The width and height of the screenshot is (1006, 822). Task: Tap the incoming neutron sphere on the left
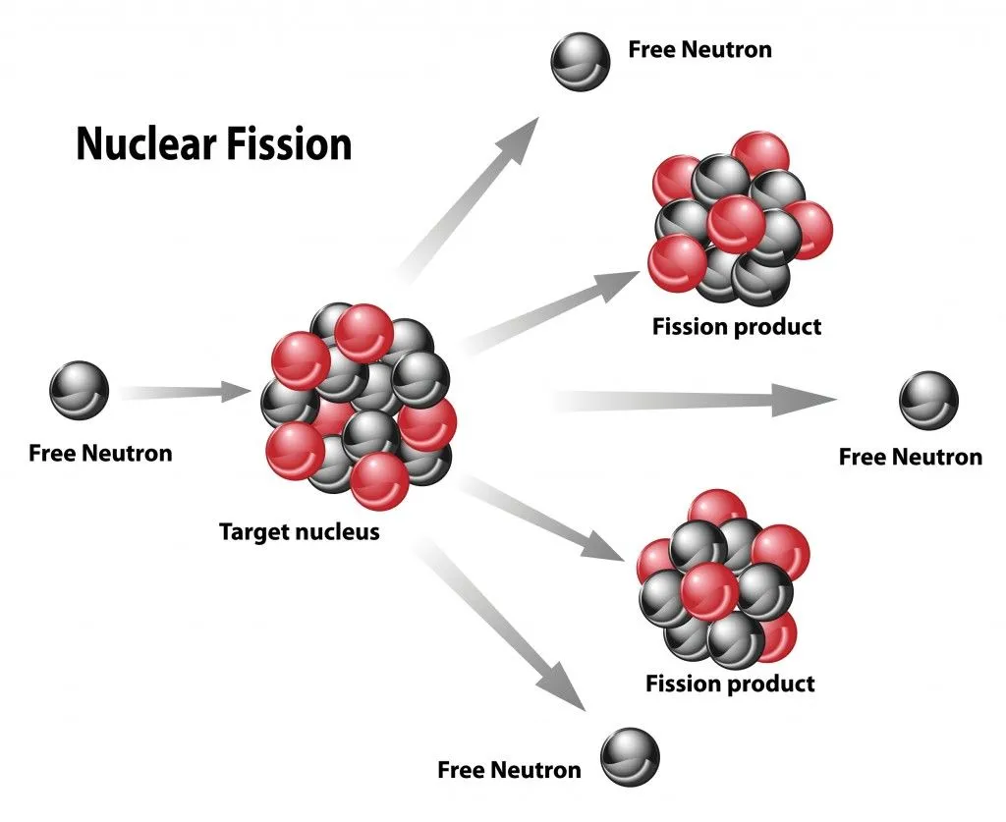coord(79,391)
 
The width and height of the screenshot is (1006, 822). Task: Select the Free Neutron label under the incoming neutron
coord(100,454)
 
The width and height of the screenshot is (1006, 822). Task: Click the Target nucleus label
coord(299,532)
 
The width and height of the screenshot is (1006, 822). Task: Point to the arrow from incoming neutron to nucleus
coord(187,392)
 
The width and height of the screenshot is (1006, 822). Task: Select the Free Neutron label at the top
coord(699,49)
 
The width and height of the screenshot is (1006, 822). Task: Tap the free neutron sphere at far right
coord(927,400)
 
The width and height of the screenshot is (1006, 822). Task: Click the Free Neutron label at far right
coord(910,457)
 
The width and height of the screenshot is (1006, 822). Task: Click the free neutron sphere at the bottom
coord(630,756)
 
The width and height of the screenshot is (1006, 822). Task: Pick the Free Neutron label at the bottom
coord(509,769)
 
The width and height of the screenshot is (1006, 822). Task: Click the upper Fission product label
coord(736,327)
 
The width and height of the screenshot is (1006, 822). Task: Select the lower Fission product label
coord(730,683)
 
